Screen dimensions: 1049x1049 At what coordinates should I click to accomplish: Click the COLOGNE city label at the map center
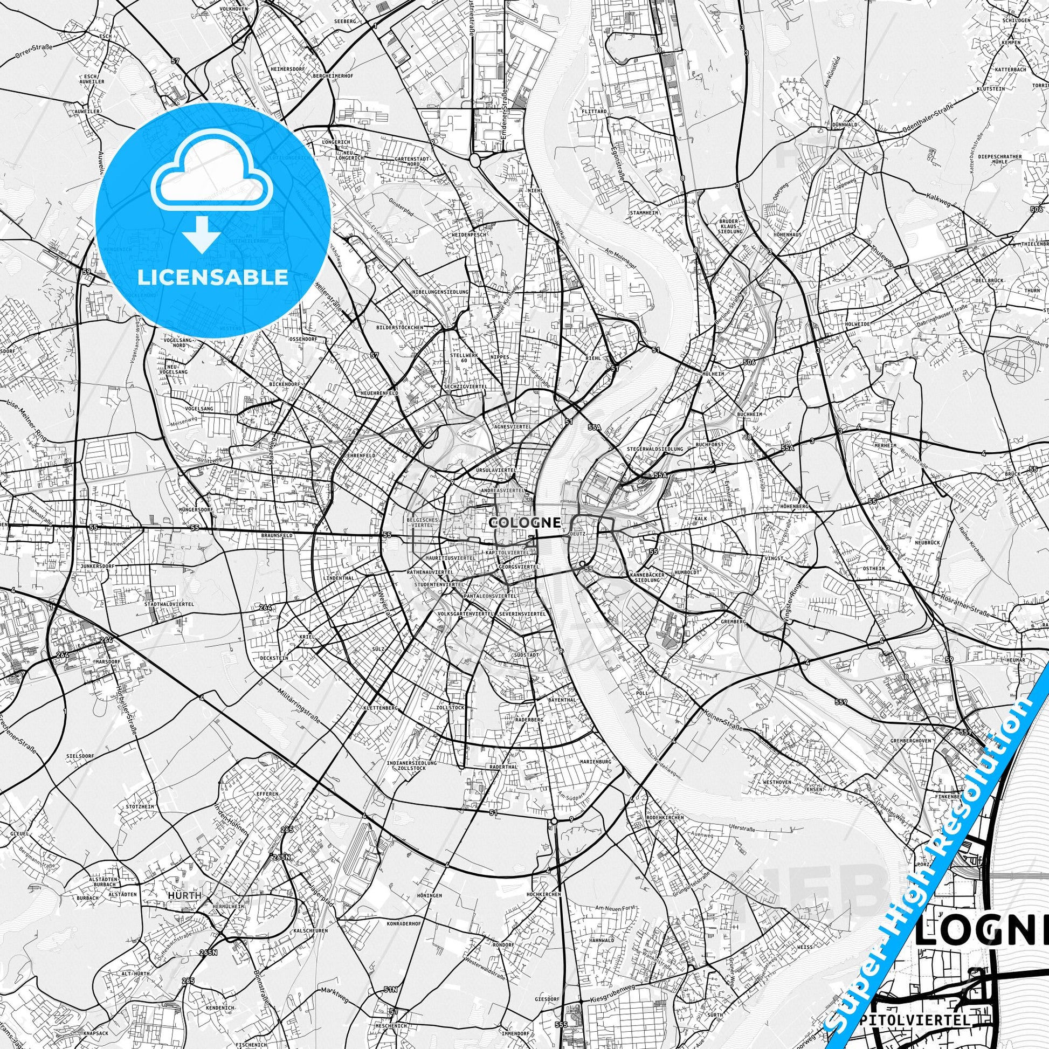[x=524, y=522]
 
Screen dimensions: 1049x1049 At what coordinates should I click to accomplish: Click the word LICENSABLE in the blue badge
[x=213, y=277]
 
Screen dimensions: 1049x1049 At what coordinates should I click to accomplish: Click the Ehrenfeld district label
[x=361, y=455]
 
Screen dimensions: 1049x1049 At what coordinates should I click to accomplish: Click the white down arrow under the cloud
[x=201, y=234]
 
